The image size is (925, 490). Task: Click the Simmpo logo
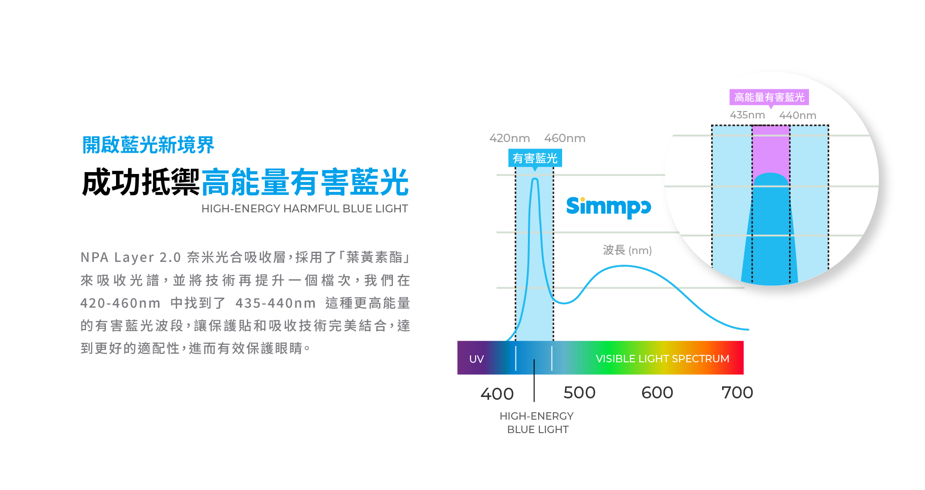click(608, 206)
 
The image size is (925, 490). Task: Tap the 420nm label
click(509, 138)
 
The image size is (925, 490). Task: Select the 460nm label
click(564, 138)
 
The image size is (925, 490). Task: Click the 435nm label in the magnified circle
click(747, 115)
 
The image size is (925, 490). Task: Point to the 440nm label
click(797, 115)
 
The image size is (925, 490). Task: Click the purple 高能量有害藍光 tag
click(769, 97)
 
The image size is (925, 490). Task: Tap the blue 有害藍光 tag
click(535, 158)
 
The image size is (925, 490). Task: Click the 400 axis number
click(497, 394)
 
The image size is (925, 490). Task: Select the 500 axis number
click(579, 392)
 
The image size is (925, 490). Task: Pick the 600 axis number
click(657, 392)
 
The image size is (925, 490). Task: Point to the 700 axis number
click(737, 392)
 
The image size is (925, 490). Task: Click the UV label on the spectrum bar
click(476, 359)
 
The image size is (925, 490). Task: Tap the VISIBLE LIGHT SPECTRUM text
click(662, 359)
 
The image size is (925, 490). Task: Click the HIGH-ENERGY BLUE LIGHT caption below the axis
click(537, 422)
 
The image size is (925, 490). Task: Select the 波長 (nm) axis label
click(627, 250)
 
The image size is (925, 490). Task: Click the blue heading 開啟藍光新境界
click(148, 145)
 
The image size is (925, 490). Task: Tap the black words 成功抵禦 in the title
click(141, 183)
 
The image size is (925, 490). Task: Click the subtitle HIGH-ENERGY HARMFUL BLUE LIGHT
click(305, 209)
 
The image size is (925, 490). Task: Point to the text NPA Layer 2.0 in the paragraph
click(130, 257)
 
